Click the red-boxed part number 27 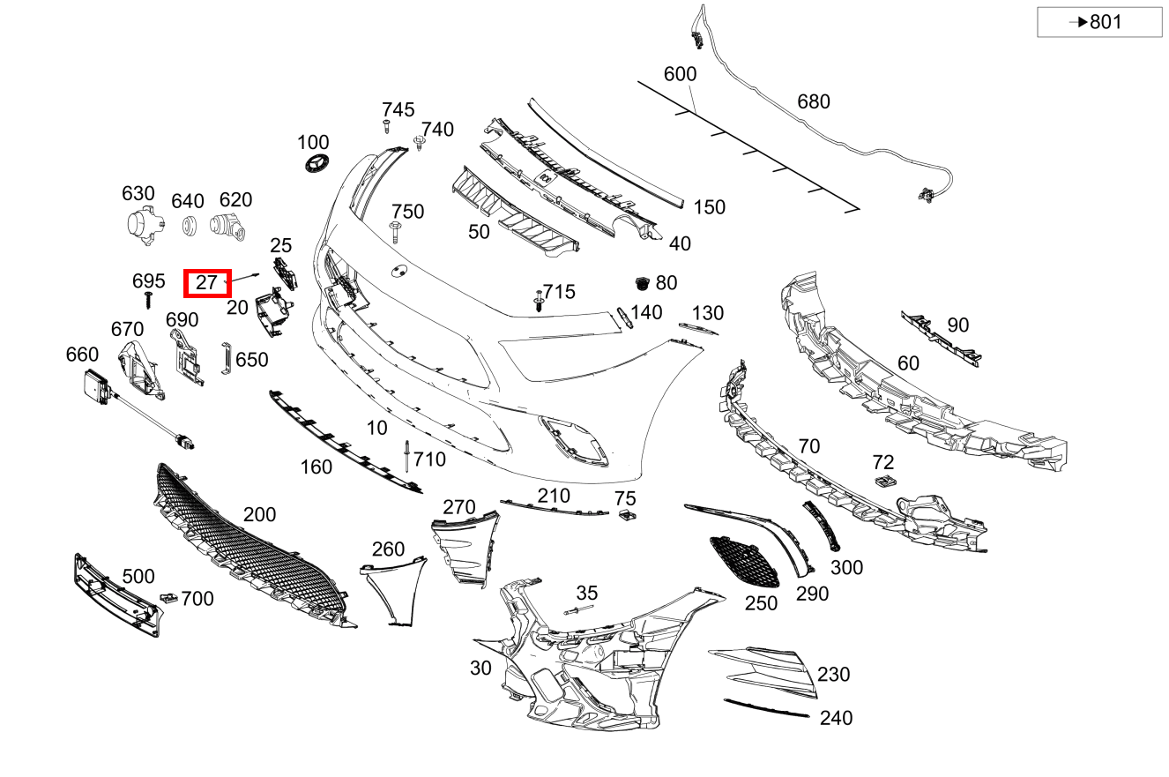206,283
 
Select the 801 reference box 1099,22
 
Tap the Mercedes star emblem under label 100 316,164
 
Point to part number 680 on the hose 813,101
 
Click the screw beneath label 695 148,300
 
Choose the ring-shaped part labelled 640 190,226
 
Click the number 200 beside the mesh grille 259,514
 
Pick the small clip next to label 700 168,597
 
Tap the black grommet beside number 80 642,283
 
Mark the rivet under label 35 578,609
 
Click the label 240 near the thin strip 836,718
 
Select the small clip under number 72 885,481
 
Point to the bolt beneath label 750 395,232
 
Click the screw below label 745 386,126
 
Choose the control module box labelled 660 98,387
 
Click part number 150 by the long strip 709,207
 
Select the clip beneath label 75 627,515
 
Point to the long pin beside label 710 406,456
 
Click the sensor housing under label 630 145,225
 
